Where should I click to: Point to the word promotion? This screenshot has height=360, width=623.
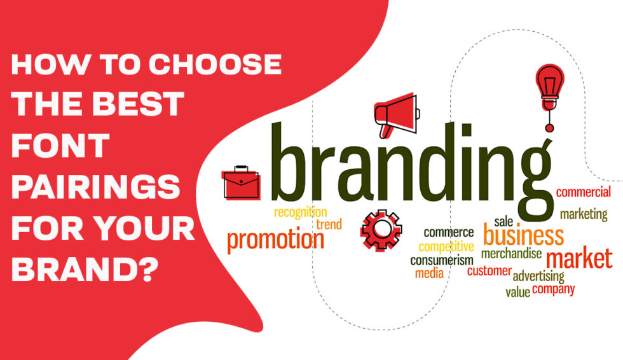pyautogui.click(x=275, y=240)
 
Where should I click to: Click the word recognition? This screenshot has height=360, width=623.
pyautogui.click(x=300, y=212)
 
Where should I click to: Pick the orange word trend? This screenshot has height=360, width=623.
pyautogui.click(x=329, y=225)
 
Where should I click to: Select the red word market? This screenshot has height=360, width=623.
pyautogui.click(x=579, y=258)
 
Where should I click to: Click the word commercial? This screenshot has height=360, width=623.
pyautogui.click(x=583, y=192)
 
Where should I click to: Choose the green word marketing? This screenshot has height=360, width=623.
pyautogui.click(x=583, y=214)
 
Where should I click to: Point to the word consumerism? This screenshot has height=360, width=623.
pyautogui.click(x=441, y=261)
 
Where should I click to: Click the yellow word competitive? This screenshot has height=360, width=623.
pyautogui.click(x=446, y=247)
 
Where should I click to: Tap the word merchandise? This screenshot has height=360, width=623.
pyautogui.click(x=511, y=254)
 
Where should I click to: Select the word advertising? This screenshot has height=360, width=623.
pyautogui.click(x=538, y=276)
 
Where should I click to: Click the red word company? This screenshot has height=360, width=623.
pyautogui.click(x=553, y=289)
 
